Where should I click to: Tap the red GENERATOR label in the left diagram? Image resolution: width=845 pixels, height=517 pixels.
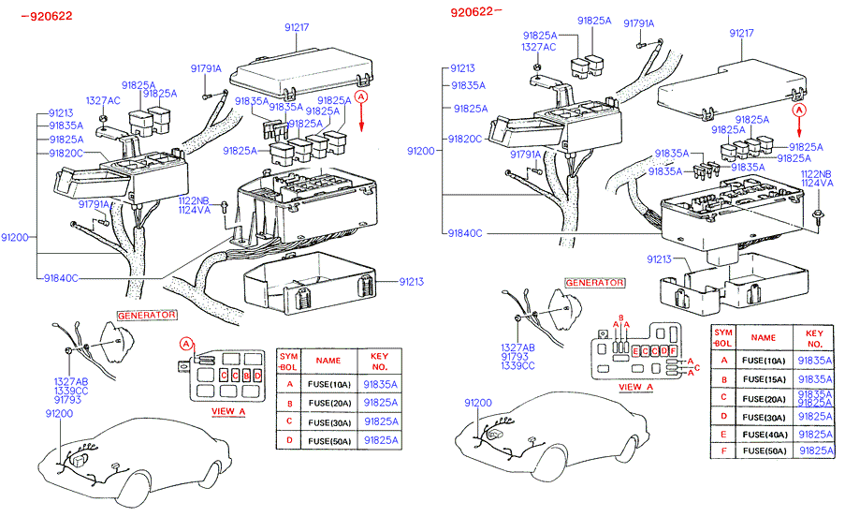[x=147, y=315]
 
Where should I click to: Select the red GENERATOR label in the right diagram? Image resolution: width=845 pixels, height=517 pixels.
[x=594, y=282]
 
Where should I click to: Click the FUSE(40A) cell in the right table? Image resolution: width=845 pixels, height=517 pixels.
[x=764, y=434]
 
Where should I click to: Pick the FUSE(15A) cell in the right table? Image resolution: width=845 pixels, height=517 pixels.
[x=764, y=378]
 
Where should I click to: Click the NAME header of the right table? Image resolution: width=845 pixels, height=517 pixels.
[x=764, y=337]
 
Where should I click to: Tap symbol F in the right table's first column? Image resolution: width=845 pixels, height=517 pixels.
[x=722, y=451]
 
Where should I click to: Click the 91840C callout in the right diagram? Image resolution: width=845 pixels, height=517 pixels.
[x=465, y=232]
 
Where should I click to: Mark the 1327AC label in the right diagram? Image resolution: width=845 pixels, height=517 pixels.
[x=538, y=46]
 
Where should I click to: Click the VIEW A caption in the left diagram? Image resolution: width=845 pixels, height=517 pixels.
[x=229, y=410]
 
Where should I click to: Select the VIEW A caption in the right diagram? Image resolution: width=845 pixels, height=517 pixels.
[x=636, y=386]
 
